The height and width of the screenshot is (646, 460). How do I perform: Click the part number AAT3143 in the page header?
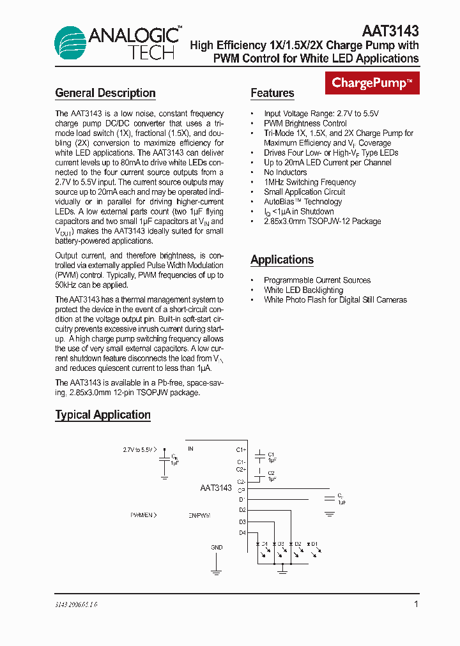(x=390, y=31)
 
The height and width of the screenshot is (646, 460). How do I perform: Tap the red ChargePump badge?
(x=372, y=83)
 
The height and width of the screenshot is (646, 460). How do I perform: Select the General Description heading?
(x=105, y=93)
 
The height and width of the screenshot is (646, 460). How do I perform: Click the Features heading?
(x=272, y=93)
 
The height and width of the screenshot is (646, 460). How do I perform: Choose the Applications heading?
(x=282, y=260)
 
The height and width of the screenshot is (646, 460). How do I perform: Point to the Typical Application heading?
(x=103, y=415)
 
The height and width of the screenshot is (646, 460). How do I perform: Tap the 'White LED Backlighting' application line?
(x=303, y=290)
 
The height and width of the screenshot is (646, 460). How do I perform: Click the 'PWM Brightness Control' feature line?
(x=305, y=123)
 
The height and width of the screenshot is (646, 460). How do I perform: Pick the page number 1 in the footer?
(x=416, y=604)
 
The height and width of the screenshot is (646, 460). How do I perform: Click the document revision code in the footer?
(x=76, y=604)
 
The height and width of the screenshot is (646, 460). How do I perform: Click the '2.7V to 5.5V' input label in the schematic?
(x=138, y=449)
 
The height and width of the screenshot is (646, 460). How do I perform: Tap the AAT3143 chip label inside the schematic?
(x=216, y=488)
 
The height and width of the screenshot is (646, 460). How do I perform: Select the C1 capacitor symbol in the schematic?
(x=259, y=456)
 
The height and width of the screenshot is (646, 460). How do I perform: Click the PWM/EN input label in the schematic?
(x=142, y=515)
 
